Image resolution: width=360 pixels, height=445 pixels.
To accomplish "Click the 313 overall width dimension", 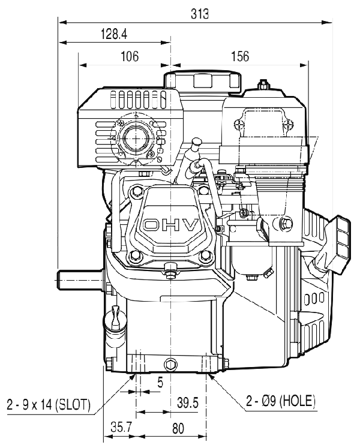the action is pyautogui.click(x=200, y=14).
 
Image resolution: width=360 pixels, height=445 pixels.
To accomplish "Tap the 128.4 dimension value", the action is pyautogui.click(x=114, y=34).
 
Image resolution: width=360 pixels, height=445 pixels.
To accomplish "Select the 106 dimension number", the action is pyautogui.click(x=130, y=56).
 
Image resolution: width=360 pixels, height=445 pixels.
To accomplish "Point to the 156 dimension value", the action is pyautogui.click(x=240, y=56).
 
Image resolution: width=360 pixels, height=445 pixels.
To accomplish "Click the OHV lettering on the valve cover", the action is pyautogui.click(x=170, y=225).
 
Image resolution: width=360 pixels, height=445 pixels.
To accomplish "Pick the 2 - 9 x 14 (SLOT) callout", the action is pyautogui.click(x=48, y=404).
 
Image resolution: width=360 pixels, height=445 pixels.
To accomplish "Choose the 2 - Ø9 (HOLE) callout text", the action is pyautogui.click(x=281, y=401).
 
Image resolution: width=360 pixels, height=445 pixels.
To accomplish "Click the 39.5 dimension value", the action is pyautogui.click(x=187, y=402).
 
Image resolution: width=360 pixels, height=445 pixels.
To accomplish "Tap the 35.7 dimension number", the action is pyautogui.click(x=121, y=428).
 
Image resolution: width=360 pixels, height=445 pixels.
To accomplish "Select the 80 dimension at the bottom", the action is pyautogui.click(x=178, y=428).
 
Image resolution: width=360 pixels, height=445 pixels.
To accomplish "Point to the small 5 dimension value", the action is pyautogui.click(x=160, y=383).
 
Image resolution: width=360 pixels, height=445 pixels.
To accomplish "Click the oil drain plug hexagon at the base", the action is pyautogui.click(x=170, y=364).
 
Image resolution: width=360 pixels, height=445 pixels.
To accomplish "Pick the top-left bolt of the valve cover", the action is pyautogui.click(x=136, y=192).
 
